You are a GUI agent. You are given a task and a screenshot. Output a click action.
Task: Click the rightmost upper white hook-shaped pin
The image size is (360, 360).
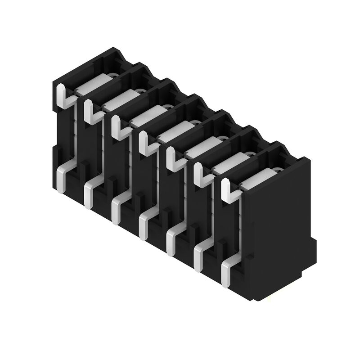pos(227,189)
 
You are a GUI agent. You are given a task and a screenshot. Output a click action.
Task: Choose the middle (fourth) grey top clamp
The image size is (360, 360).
pos(173,130)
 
